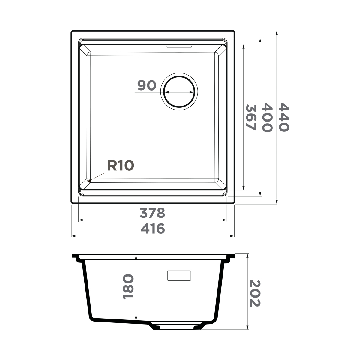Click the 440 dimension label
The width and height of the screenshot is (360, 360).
[x=284, y=117]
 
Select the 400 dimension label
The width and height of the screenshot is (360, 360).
[x=267, y=117]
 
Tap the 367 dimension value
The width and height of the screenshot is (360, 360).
[x=251, y=117]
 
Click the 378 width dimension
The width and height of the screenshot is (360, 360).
[x=152, y=213]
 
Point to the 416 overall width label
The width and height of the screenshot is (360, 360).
[x=153, y=229]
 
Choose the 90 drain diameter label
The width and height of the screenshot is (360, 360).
[x=147, y=85]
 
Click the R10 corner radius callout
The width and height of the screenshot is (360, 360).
[x=121, y=165]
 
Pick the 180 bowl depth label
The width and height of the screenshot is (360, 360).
[x=128, y=287]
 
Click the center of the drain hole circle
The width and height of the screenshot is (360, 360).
[x=179, y=91]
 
